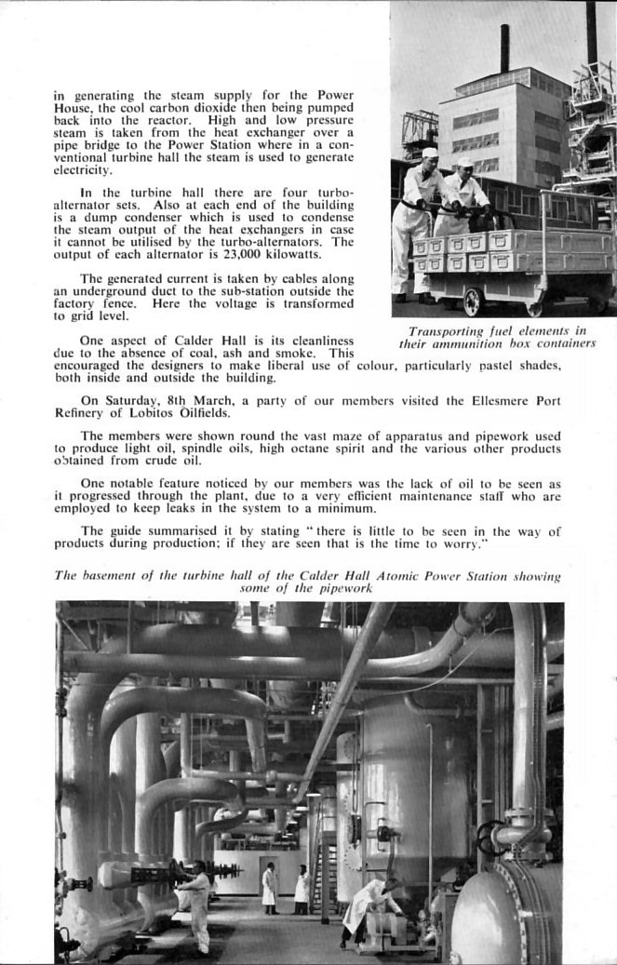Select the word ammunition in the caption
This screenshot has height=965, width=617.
click(x=468, y=343)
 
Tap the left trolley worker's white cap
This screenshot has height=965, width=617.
click(x=429, y=153)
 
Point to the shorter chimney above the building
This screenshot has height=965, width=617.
click(x=504, y=48)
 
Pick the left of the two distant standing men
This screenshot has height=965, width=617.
click(x=269, y=887)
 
